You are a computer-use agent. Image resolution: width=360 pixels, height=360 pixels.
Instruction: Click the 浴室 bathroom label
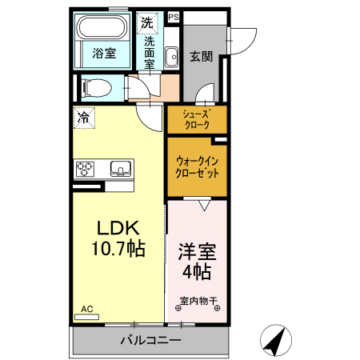pyautogui.click(x=103, y=54)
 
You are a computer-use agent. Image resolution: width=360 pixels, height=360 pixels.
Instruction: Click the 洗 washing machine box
pyautogui.click(x=146, y=22)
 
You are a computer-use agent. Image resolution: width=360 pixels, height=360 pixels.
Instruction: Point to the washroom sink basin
pyautogui.click(x=170, y=56)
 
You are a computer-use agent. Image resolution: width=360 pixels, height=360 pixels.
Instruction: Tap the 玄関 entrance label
pyautogui.click(x=201, y=56)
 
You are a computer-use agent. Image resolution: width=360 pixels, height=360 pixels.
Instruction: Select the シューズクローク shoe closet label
pyautogui.click(x=197, y=119)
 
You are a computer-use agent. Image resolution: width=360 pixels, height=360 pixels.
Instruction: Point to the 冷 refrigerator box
pyautogui.click(x=84, y=117)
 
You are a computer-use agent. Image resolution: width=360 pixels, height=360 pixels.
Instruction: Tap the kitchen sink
pyautogui.click(x=120, y=169)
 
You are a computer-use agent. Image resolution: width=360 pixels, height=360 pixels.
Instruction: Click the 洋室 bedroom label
pyautogui.click(x=195, y=250)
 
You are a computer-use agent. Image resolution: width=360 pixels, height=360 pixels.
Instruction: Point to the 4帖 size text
pyautogui.click(x=195, y=272)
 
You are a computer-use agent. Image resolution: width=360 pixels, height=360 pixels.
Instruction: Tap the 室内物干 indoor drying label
pyautogui.click(x=195, y=302)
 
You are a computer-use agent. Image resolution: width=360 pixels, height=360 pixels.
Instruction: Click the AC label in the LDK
pyautogui.click(x=86, y=309)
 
